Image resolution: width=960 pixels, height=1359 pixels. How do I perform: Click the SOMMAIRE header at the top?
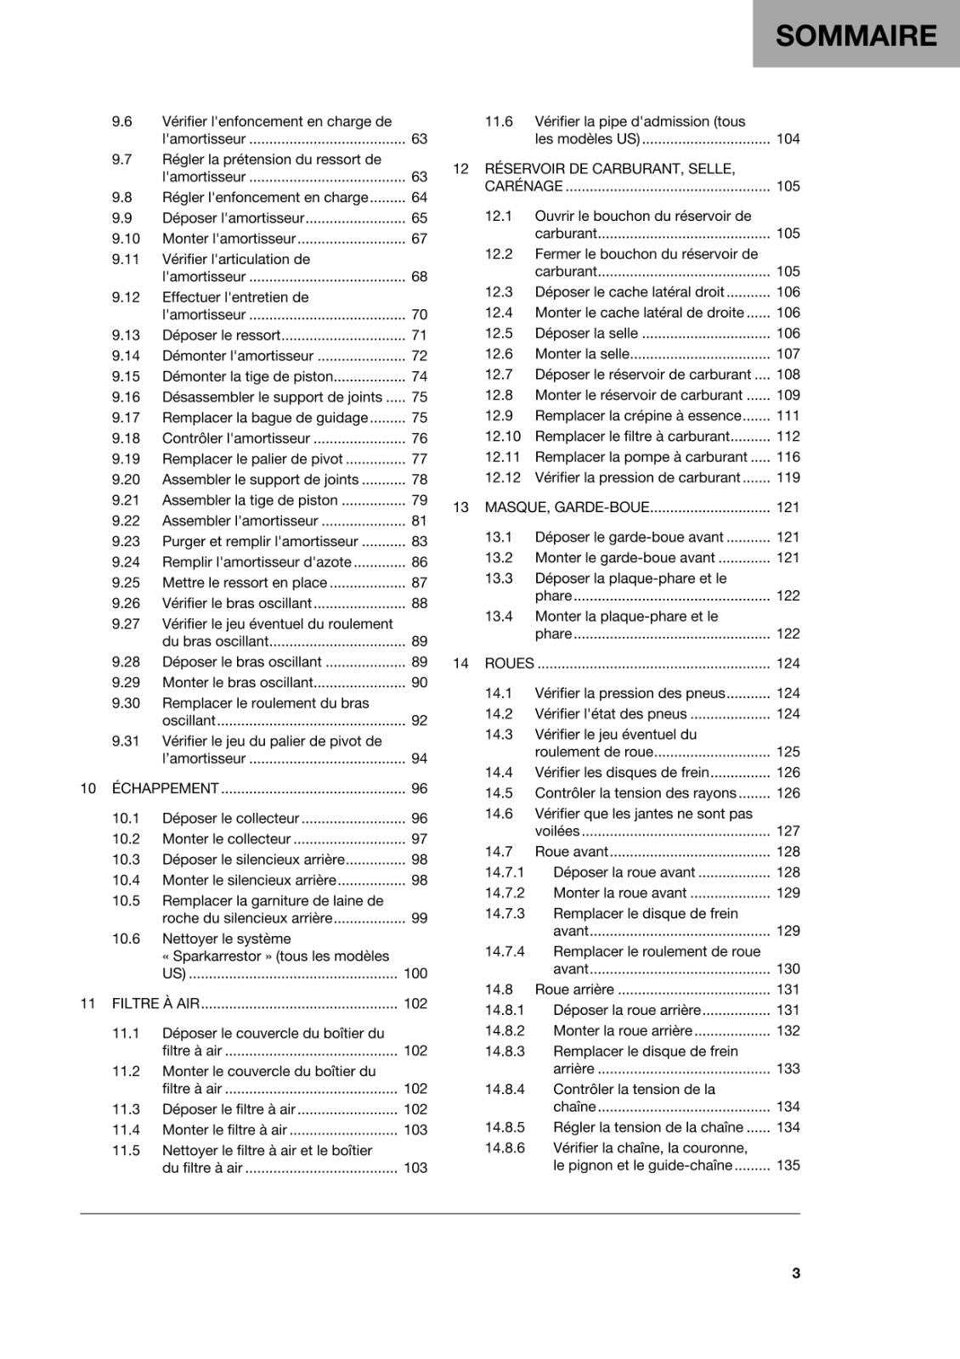click(x=856, y=36)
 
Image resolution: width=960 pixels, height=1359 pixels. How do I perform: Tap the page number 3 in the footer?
click(x=796, y=1272)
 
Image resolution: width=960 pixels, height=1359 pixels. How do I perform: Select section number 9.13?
click(x=126, y=336)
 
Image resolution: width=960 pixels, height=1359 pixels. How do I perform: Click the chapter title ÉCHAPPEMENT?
click(x=166, y=788)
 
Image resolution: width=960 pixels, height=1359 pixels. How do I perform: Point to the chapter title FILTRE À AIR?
click(x=155, y=1003)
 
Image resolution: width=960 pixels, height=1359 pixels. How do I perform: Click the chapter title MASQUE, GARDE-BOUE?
click(x=567, y=507)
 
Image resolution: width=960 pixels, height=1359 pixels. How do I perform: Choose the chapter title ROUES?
click(x=509, y=663)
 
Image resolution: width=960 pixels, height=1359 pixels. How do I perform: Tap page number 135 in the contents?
click(x=788, y=1165)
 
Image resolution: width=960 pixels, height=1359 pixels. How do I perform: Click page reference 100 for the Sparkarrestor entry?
click(x=415, y=973)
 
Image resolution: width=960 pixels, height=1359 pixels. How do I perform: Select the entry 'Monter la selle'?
click(x=582, y=353)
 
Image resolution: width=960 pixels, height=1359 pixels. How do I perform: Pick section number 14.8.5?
click(x=505, y=1127)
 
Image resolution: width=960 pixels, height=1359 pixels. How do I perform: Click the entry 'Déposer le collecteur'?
click(x=231, y=818)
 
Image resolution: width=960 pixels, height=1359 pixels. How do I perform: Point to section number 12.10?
click(x=502, y=436)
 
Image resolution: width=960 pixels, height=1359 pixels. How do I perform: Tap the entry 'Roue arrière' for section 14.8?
click(x=574, y=990)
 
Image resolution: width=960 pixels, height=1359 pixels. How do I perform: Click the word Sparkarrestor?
click(x=217, y=956)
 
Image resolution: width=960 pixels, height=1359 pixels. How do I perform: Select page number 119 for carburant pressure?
click(x=788, y=477)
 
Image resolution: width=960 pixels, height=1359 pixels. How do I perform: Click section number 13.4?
click(x=499, y=617)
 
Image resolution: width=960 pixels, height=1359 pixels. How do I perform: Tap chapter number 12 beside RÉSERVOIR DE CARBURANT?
click(x=460, y=168)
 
